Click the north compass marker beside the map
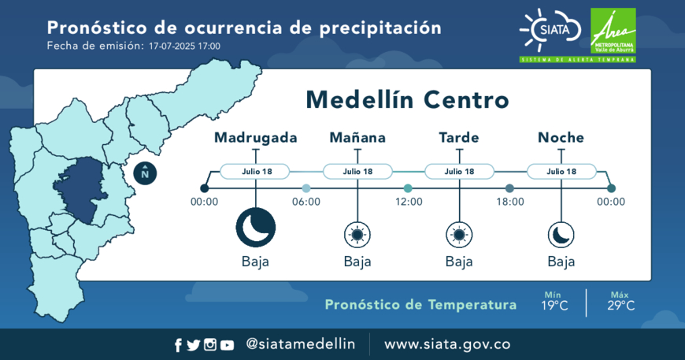[x=145, y=173]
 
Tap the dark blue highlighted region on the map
[x=82, y=189]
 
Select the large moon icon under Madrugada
[x=256, y=228]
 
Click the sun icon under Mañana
[x=357, y=235]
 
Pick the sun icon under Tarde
[x=459, y=235]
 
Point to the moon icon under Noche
[x=561, y=235]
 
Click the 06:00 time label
[x=306, y=202]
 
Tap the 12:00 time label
[x=409, y=202]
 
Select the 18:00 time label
[x=510, y=202]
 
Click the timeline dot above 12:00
[x=408, y=188]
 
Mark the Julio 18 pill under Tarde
[x=459, y=171]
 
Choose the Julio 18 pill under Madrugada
[x=255, y=171]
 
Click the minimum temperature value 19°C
[x=554, y=306]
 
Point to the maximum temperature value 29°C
[x=620, y=306]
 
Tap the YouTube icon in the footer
[x=227, y=345]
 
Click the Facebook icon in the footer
[x=178, y=345]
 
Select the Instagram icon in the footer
[x=210, y=345]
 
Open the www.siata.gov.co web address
[x=447, y=344]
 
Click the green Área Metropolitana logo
[x=613, y=31]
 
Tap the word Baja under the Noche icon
[x=561, y=262]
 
